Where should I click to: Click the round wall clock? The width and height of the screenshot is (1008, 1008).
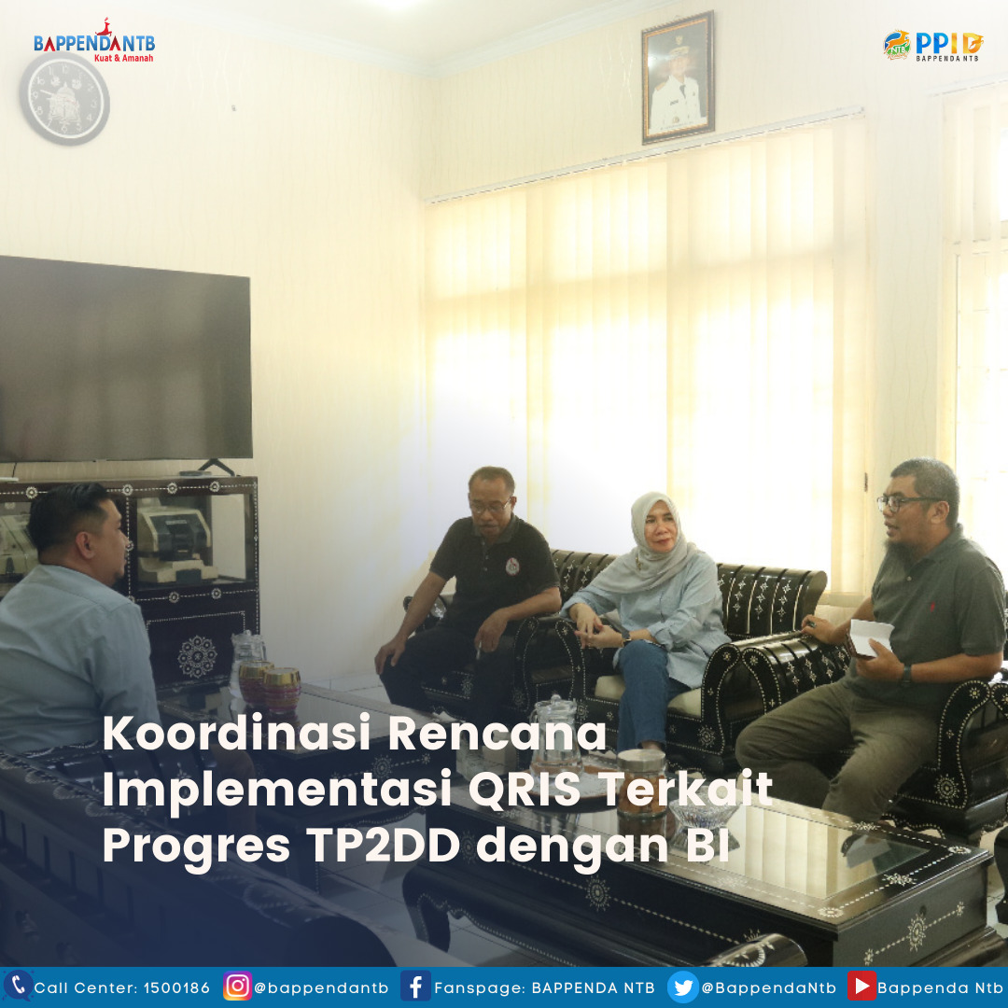pos(64,99)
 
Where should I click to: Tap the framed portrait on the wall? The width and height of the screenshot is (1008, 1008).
pos(678,77)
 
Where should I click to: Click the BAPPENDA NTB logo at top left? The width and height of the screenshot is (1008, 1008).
pos(94,41)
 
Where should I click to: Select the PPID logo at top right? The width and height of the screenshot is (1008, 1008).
pos(932,45)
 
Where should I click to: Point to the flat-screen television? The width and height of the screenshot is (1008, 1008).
pos(125,359)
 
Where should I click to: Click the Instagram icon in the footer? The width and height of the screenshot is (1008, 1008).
pos(236,987)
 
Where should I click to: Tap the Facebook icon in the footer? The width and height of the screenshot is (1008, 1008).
pos(415,987)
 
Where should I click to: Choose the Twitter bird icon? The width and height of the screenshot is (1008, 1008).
pos(682,987)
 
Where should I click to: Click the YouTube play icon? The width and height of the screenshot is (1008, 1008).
pos(861,987)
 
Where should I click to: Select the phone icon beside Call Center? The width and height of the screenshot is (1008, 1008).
pos(18,986)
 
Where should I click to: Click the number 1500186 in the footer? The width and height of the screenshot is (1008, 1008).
pos(176,988)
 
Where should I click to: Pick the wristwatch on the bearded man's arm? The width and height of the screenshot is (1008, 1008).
pos(906,675)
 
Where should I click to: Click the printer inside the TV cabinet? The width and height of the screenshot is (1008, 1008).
pos(175,540)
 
